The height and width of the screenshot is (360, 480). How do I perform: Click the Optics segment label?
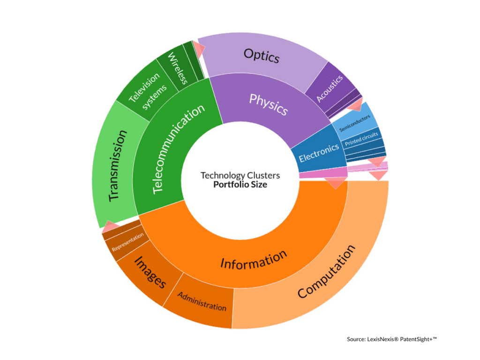pos(261,56)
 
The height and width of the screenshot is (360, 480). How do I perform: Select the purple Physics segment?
pos(268,104)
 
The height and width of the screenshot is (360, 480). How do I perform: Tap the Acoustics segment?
pos(330,88)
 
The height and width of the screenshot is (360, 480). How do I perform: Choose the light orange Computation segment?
pos(326,271)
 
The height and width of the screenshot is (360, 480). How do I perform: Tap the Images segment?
pos(150,272)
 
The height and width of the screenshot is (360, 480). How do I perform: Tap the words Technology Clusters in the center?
pos(240,175)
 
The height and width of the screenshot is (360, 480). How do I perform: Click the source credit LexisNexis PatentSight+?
pos(391,338)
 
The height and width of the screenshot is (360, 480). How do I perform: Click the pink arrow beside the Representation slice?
pos(111,227)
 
